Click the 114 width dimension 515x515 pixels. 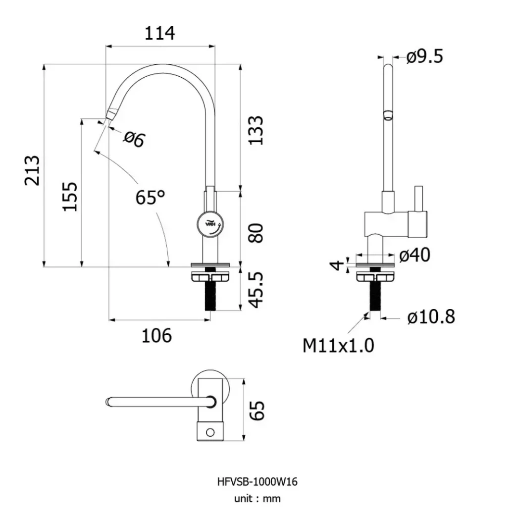(160, 33)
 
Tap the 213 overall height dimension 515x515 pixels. (33, 170)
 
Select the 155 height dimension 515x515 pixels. (70, 196)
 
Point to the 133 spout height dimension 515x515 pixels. (256, 130)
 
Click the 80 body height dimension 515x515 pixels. (256, 233)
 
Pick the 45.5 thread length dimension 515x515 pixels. (256, 290)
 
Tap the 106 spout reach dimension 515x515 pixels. (156, 336)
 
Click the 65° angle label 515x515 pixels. (151, 197)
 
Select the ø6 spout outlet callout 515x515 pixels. (134, 139)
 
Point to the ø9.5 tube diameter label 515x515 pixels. (425, 56)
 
